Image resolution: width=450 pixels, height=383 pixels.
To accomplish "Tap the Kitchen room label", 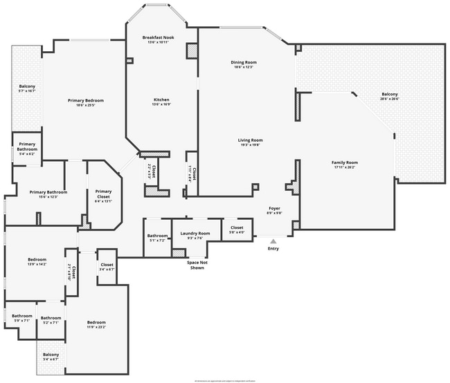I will [161, 100].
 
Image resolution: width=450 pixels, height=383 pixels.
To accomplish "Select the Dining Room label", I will [244, 62].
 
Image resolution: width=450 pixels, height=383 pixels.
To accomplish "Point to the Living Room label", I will [250, 140].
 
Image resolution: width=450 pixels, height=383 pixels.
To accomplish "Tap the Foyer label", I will [275, 208].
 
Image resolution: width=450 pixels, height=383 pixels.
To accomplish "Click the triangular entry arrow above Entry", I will [273, 241].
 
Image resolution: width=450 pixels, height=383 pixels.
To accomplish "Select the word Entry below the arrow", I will [273, 249].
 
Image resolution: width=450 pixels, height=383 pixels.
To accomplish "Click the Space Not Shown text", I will [197, 265].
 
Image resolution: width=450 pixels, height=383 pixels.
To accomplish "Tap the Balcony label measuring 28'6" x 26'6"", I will [390, 95].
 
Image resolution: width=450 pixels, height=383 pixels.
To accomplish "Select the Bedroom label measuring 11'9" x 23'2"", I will [96, 323].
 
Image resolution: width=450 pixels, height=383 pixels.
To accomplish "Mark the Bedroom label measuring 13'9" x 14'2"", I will [37, 259].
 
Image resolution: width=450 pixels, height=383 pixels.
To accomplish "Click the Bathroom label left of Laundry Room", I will [156, 236].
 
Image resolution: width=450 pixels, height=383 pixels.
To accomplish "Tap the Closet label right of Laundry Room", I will [236, 227].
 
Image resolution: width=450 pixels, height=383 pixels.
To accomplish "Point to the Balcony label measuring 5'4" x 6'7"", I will [51, 355].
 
